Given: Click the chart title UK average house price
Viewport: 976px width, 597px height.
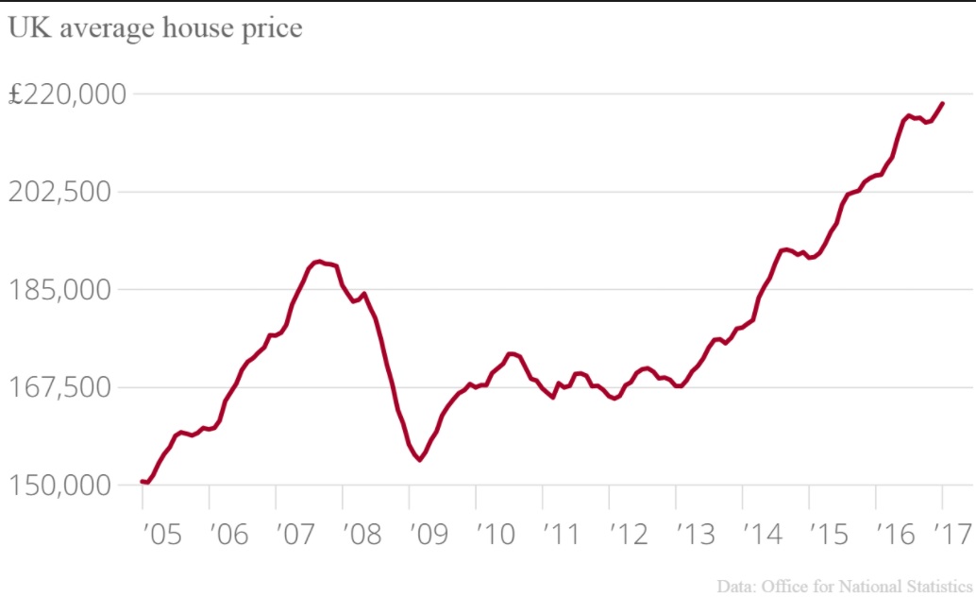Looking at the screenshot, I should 155,28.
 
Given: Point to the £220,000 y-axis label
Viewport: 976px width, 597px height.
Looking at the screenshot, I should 67,94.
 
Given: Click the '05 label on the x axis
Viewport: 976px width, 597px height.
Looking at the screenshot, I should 159,535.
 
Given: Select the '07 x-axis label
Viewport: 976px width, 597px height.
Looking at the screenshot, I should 292,535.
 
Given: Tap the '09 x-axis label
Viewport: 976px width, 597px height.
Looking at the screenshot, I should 426,535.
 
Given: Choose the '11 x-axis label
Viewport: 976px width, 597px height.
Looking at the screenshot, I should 559,535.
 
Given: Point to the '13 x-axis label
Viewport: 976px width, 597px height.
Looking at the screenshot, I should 693,535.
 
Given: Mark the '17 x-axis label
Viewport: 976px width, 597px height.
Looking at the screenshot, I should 951,535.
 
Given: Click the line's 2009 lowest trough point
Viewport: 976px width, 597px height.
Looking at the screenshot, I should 419,460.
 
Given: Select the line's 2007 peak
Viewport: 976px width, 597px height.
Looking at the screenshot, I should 319,261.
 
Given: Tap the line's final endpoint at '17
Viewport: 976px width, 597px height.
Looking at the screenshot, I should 943,103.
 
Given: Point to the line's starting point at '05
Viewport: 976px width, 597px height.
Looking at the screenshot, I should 143,482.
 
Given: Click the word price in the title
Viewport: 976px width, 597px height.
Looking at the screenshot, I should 275,28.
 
